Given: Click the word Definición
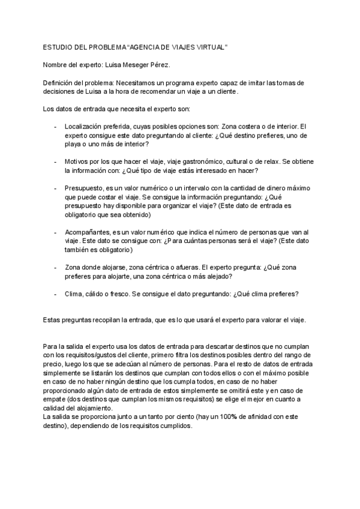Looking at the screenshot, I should point(60,82).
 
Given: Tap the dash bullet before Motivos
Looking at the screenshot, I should point(55,162).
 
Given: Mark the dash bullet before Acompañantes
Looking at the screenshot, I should point(55,232).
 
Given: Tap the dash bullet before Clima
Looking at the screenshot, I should point(55,294).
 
